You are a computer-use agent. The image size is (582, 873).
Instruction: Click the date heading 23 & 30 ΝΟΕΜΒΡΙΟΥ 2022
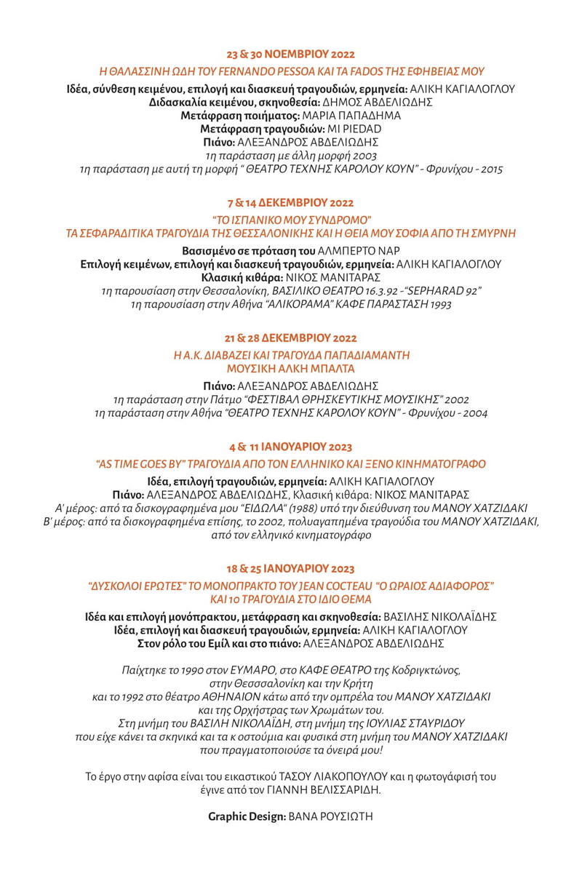[291, 55]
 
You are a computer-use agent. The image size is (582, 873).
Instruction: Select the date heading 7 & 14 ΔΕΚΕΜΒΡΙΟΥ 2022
[291, 203]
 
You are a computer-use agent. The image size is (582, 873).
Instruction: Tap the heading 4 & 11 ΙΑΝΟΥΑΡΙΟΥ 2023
[291, 447]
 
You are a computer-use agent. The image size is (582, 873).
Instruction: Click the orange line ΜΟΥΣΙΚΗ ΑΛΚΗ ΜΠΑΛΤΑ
[291, 369]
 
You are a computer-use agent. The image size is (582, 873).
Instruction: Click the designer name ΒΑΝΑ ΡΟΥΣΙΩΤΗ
[331, 816]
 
